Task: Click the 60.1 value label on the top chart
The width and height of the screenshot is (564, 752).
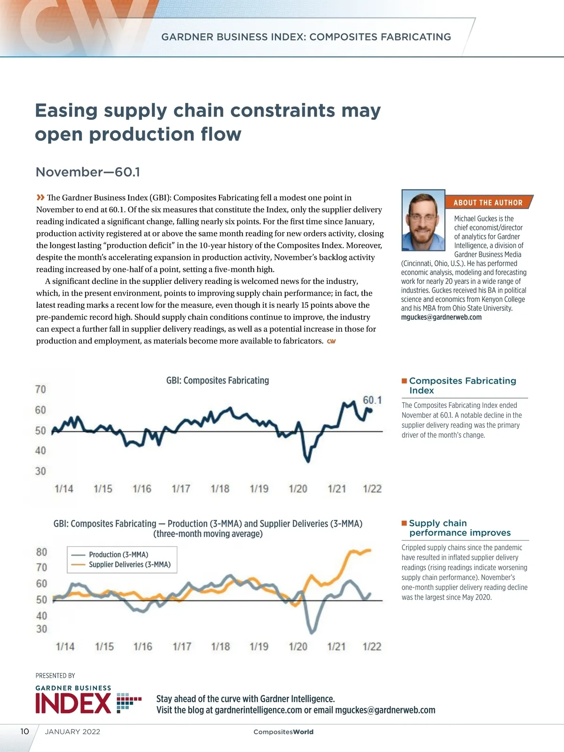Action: point(372,400)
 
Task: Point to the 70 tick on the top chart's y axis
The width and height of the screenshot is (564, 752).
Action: point(40,389)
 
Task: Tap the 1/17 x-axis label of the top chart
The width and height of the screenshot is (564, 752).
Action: point(181,489)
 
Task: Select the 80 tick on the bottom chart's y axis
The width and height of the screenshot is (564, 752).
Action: point(41,552)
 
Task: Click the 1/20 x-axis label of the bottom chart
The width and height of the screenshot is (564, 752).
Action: point(298,646)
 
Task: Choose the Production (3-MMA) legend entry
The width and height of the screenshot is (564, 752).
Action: point(118,555)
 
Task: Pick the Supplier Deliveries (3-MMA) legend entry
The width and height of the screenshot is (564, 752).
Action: point(129,564)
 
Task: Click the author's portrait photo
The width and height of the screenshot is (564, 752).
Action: point(423,220)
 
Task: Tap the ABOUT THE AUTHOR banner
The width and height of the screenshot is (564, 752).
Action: point(488,203)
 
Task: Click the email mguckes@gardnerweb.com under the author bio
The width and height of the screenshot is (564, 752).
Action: point(441,317)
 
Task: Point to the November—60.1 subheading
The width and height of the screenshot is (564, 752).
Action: point(88,172)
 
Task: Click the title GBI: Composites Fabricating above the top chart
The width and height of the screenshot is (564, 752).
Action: point(218,380)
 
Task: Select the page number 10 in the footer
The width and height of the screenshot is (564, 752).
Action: point(24,731)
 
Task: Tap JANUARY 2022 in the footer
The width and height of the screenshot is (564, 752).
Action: point(72,732)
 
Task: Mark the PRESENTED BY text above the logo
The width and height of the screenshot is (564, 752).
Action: point(55,675)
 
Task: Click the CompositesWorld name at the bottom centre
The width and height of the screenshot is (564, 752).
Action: point(283,732)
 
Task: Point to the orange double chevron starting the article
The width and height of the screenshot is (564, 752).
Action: point(40,197)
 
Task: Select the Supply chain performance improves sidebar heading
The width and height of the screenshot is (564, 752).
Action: point(459,528)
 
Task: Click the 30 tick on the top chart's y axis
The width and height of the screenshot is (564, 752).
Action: point(40,471)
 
